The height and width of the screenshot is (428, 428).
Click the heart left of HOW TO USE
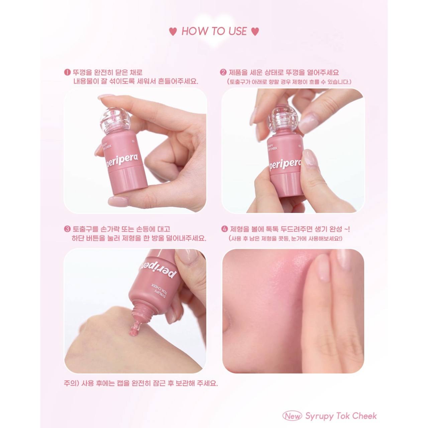(x=173, y=32)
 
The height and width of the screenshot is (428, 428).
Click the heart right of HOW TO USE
(x=255, y=32)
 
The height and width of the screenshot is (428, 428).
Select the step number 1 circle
(x=67, y=73)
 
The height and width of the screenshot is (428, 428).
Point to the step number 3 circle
(x=67, y=229)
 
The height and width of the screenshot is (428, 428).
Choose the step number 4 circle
(x=225, y=229)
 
